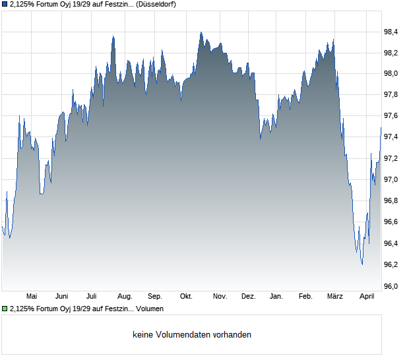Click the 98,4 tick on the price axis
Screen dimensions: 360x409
(x=391, y=32)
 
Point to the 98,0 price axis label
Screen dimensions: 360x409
(x=391, y=74)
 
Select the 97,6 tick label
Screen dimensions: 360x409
(x=391, y=116)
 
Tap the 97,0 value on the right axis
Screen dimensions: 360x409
(x=391, y=180)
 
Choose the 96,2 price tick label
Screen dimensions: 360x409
(x=391, y=265)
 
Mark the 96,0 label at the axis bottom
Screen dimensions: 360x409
(x=391, y=286)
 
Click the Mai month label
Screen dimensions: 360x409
(x=32, y=297)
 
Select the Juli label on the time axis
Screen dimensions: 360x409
(x=92, y=297)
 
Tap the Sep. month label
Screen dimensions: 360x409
(x=155, y=297)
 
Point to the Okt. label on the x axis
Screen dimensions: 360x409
(x=187, y=297)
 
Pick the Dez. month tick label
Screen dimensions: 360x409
(x=248, y=297)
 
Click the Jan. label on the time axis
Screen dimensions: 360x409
(x=276, y=297)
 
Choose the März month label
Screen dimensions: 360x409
(x=335, y=297)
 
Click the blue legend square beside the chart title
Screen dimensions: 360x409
(x=5, y=4)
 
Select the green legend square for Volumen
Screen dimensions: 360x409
(x=5, y=309)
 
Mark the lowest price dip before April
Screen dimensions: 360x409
(x=362, y=264)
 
